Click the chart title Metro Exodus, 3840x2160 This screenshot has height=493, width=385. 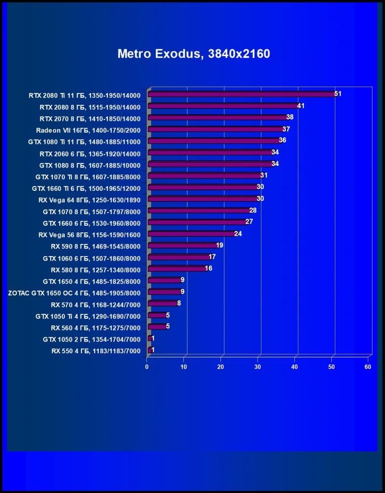tap(194, 54)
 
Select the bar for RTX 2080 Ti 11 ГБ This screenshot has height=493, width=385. tap(241, 94)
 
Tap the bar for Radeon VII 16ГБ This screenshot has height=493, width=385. tap(215, 130)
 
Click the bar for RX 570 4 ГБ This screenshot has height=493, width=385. tap(162, 304)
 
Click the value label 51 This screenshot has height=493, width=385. tap(338, 94)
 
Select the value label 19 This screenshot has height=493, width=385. tap(219, 245)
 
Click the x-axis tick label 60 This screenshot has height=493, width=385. tap(368, 366)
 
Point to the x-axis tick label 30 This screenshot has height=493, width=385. tap(258, 366)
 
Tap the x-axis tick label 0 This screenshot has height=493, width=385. tap(147, 366)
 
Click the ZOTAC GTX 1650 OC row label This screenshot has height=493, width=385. tap(74, 293)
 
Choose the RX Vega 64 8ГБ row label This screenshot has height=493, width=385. tap(89, 199)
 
